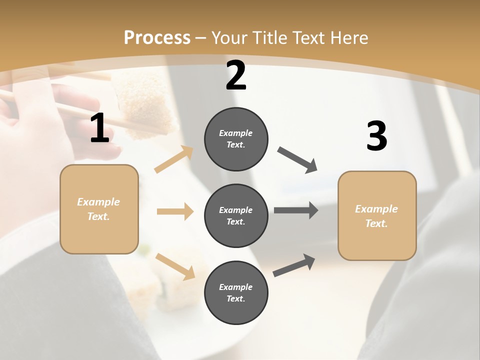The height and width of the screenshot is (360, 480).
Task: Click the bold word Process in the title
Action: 157,37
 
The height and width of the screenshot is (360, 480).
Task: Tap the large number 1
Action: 99,128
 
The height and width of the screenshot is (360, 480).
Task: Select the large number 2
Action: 236,76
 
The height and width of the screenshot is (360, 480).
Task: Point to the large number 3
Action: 376,136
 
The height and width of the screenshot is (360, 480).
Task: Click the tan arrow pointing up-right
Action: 174,159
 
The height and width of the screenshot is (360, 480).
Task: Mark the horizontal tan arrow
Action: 175,211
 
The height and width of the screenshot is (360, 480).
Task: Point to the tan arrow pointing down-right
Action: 175,266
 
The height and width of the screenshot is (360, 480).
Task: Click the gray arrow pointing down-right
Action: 297,160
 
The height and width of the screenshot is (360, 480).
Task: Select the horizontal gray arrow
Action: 295,210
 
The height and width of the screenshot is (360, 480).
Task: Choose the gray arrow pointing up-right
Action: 294,265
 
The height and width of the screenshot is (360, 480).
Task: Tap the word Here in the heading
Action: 349,37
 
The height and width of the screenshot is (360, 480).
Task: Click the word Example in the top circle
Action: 236,133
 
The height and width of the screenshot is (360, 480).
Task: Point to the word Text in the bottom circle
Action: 235,298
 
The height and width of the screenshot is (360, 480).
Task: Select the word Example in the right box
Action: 376,209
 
